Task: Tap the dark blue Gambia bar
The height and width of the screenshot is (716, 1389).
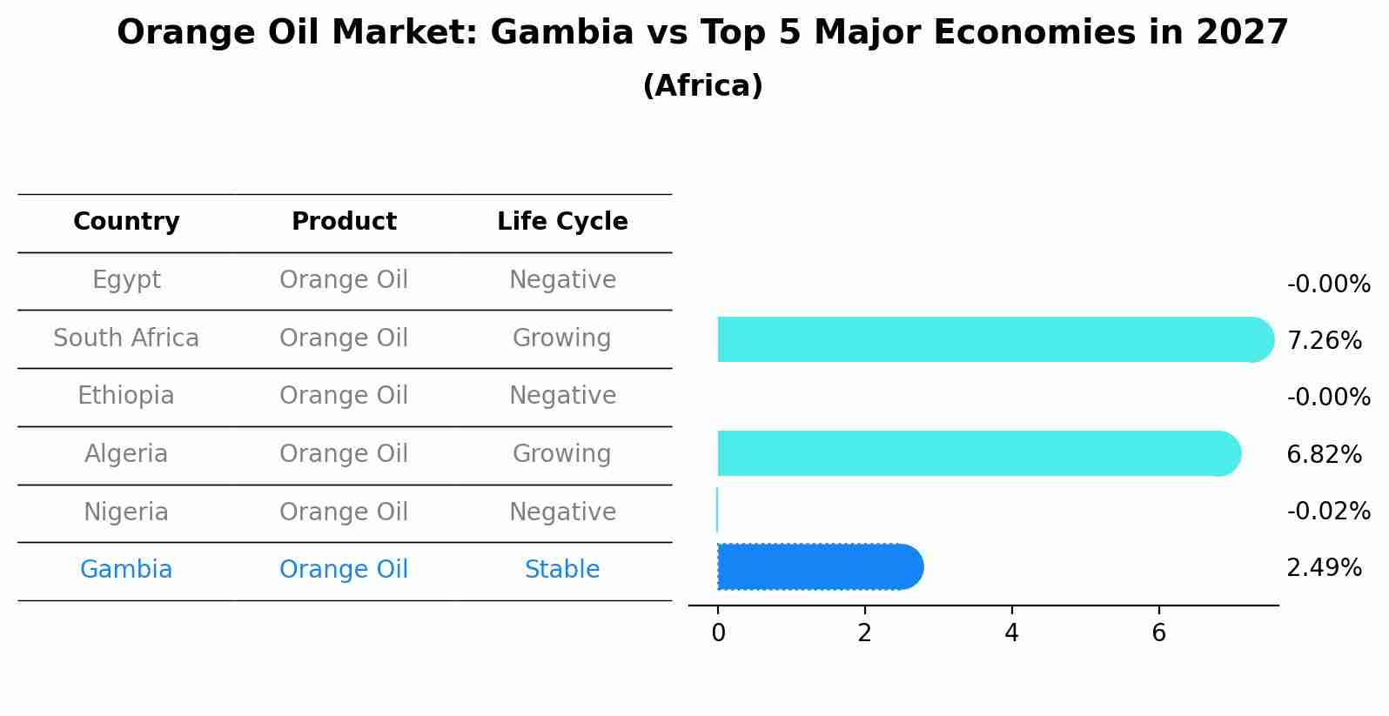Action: [x=818, y=567]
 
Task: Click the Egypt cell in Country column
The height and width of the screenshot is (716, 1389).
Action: [x=126, y=280]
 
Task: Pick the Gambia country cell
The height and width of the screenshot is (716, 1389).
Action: [x=126, y=570]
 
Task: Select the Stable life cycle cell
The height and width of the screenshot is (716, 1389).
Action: [x=562, y=570]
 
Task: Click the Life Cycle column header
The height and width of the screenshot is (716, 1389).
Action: [x=562, y=222]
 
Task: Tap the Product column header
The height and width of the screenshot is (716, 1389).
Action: [x=344, y=222]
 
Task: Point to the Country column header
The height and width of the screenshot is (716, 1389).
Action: [x=126, y=222]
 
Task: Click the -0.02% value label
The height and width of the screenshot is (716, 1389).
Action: [x=1328, y=511]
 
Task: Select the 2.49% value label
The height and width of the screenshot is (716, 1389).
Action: [x=1324, y=568]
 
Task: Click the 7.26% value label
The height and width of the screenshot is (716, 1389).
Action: [x=1324, y=340]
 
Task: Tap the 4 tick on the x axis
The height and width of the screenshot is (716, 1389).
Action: [x=1011, y=633]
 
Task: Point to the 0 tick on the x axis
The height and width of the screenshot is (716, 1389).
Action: [x=718, y=633]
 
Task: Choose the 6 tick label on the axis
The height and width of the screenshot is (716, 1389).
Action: [x=1158, y=633]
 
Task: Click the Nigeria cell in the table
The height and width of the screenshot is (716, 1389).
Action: [x=126, y=512]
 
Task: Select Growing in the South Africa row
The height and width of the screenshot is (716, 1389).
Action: [x=562, y=338]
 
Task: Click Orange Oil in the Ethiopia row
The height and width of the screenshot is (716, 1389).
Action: [x=344, y=396]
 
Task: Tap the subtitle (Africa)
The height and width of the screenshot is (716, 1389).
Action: [x=702, y=86]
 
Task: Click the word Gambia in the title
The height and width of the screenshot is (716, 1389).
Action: [x=561, y=33]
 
